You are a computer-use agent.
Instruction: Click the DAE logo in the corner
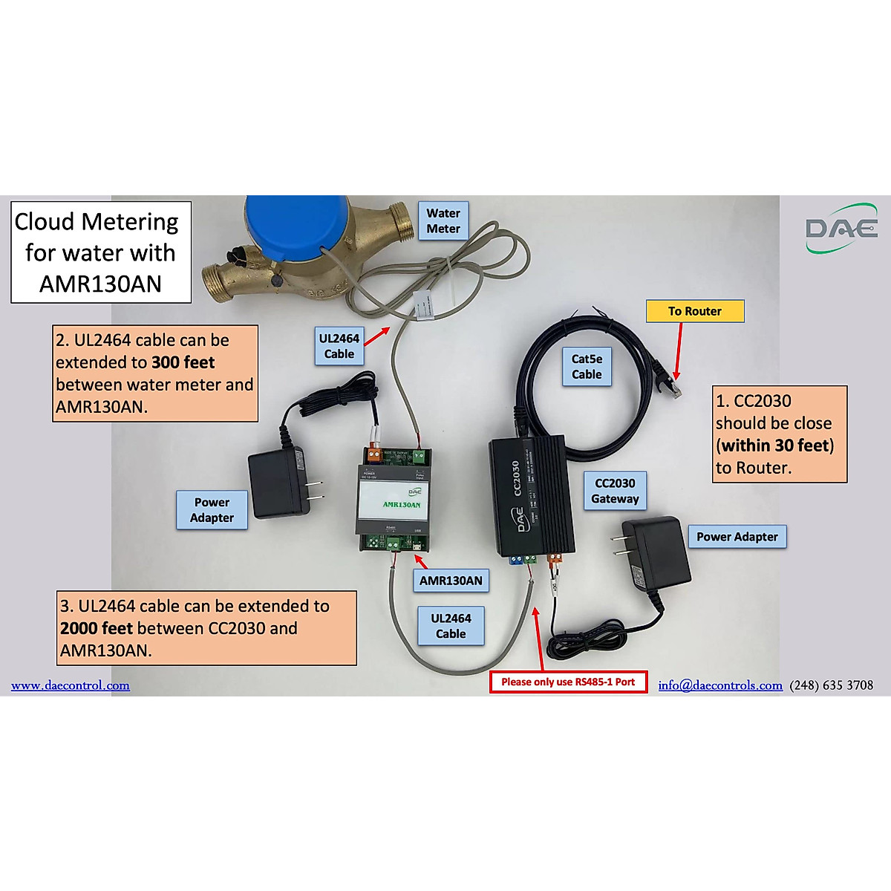pos(841,228)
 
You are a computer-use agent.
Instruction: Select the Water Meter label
pos(443,221)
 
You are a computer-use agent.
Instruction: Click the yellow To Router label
pos(694,311)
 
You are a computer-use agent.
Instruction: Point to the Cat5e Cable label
pos(587,367)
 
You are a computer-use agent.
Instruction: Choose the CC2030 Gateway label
pos(615,491)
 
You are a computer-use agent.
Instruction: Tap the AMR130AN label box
pos(450,581)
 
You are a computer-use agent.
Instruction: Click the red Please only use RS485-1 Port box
pos(568,682)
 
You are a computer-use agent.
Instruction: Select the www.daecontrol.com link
pos(71,685)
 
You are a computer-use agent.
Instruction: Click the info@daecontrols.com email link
pos(719,685)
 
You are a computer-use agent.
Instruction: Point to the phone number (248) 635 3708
pos(831,685)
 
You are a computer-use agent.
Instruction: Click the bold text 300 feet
pos(183,362)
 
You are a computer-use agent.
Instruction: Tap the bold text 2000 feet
pos(97,628)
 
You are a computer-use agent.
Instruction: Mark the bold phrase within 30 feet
pos(775,446)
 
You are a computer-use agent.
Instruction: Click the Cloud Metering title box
pos(100,252)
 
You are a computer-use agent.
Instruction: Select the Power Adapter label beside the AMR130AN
pos(212,510)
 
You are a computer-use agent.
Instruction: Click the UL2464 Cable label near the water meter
pos(339,346)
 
